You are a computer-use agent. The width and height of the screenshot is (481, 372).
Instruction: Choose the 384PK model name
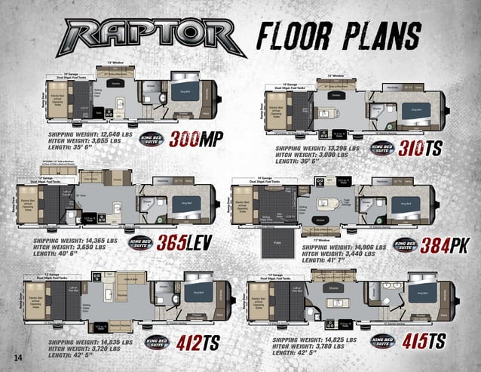446,245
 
